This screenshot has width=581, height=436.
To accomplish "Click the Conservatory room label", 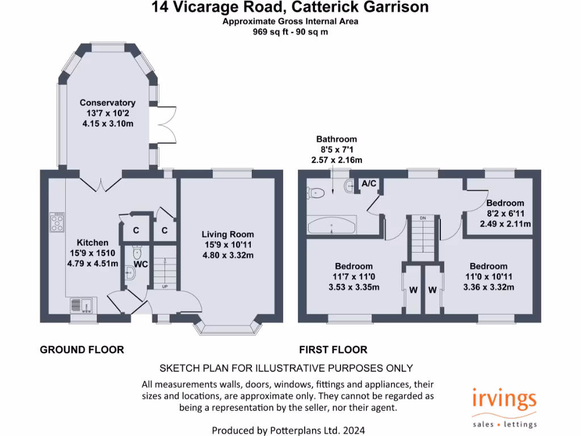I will [107, 103].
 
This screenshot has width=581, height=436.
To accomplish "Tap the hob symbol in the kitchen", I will [57, 222].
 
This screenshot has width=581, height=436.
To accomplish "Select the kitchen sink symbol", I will [82, 306].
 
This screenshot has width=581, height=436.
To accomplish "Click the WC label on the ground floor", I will [141, 264].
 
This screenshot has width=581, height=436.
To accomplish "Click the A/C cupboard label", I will [369, 183].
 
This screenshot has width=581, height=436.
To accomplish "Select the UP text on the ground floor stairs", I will [165, 286].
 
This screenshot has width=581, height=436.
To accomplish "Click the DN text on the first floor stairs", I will [423, 217].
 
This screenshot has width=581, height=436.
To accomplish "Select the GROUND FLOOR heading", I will [82, 350].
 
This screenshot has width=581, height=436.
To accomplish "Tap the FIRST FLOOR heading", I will [333, 350].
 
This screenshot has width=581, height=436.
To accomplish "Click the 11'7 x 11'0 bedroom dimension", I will [353, 276].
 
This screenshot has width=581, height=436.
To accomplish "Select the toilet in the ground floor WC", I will [137, 250].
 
